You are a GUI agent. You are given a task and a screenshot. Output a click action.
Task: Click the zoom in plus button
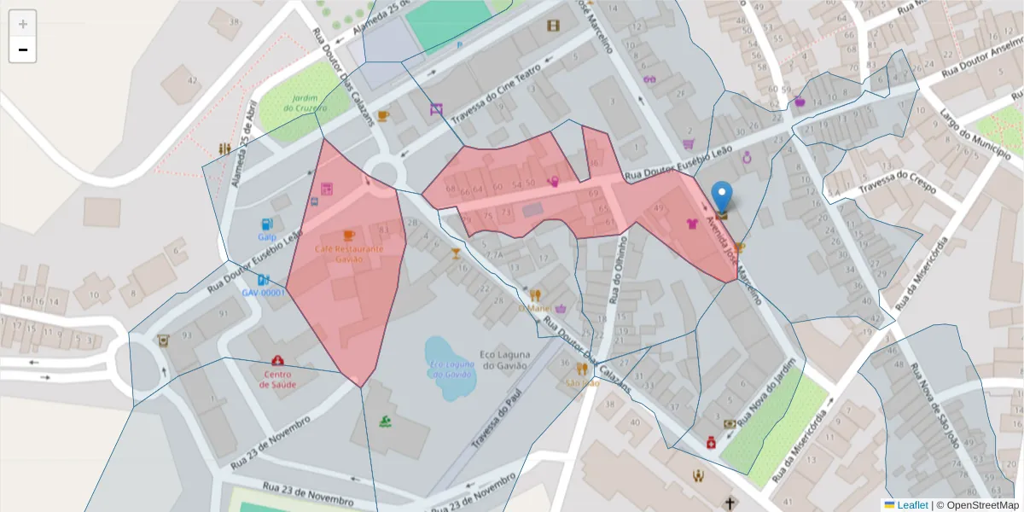tap(22, 24)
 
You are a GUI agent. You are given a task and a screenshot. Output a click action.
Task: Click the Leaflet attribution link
tap(911, 504)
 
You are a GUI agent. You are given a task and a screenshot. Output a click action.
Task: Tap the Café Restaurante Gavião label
tap(348, 253)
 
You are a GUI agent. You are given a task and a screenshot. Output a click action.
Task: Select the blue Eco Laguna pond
tap(448, 368)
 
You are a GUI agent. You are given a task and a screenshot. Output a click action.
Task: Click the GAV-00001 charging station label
tap(263, 293)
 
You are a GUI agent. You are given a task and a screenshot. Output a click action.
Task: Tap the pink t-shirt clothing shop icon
tap(692, 224)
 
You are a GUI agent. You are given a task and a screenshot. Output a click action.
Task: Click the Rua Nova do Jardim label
tap(771, 395)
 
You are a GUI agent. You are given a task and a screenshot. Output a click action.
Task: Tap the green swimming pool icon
tap(386, 421)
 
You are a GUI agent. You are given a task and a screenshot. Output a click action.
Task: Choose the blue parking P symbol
tap(461, 44)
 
